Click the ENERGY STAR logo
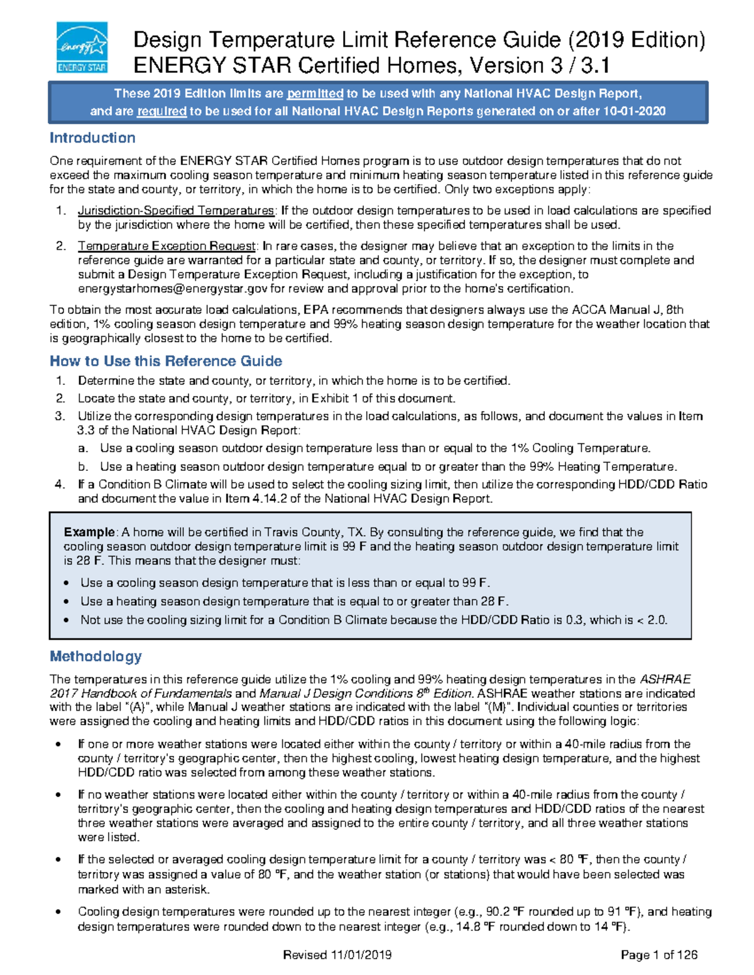click(x=82, y=48)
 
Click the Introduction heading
click(x=92, y=138)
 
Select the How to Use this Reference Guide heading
click(x=166, y=361)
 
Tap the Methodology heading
click(x=96, y=657)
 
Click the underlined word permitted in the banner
click(x=315, y=94)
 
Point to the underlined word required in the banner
click(x=161, y=112)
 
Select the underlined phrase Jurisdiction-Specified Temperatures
click(x=176, y=211)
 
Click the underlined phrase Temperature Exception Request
click(x=167, y=246)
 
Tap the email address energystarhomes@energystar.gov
click(x=173, y=289)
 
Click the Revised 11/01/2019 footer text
click(x=337, y=955)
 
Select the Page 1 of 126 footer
click(x=659, y=955)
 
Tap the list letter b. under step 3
click(x=83, y=466)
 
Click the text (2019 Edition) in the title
click(x=636, y=40)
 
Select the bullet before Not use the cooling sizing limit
click(x=67, y=620)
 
